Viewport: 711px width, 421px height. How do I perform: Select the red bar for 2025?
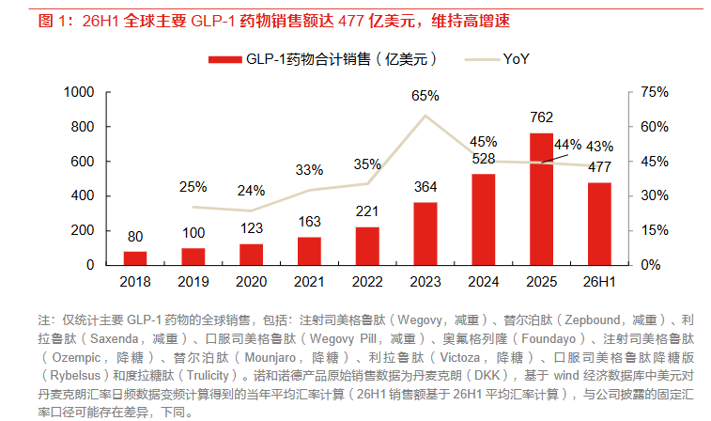tap(541, 199)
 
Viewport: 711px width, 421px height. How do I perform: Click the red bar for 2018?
tap(135, 258)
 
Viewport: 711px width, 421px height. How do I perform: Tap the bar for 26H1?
tap(599, 224)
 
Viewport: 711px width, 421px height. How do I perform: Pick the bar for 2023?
tap(425, 234)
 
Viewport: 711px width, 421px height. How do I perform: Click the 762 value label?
tap(541, 117)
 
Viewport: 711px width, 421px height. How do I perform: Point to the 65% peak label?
tap(425, 96)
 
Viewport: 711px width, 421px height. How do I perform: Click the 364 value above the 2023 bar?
tap(425, 187)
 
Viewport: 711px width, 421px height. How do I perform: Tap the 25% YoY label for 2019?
tap(193, 187)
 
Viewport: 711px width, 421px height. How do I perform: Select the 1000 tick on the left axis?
tap(79, 92)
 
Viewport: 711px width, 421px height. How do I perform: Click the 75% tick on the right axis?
tap(655, 92)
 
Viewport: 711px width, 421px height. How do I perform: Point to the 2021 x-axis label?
tap(309, 282)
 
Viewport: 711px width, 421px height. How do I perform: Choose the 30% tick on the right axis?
tap(655, 195)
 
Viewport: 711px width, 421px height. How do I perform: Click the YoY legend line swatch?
tap(483, 59)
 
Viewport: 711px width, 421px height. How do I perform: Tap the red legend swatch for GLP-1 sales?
tap(224, 59)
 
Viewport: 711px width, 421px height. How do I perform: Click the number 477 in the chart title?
tap(351, 21)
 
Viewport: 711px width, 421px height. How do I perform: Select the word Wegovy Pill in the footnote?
tap(343, 339)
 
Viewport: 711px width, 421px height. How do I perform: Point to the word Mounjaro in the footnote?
tap(270, 357)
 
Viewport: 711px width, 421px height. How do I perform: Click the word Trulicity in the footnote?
tap(208, 376)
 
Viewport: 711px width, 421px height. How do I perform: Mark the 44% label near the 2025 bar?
tap(567, 145)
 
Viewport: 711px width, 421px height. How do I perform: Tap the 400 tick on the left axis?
tap(82, 195)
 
